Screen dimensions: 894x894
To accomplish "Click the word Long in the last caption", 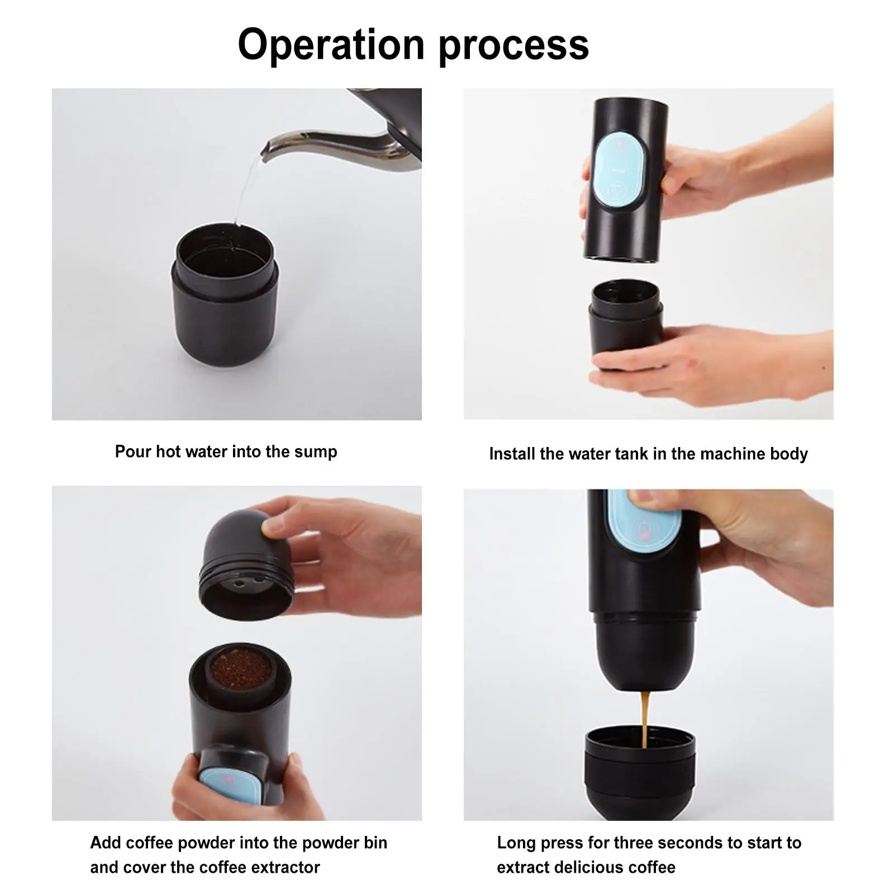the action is (x=516, y=843).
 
